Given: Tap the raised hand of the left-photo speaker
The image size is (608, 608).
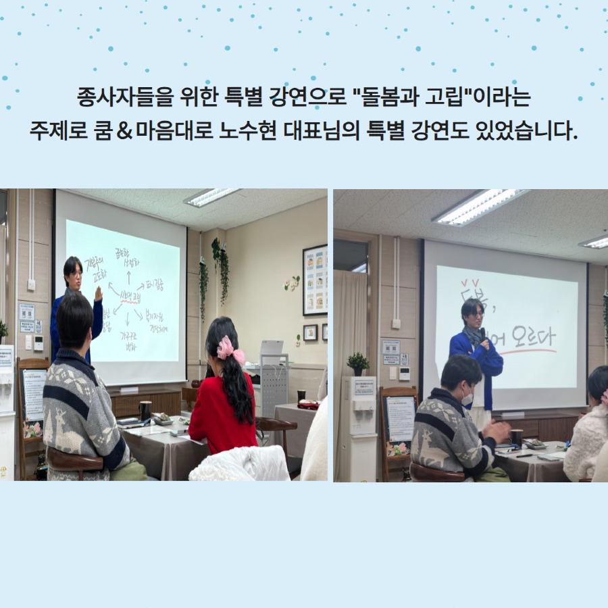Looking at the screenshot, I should pos(99,295).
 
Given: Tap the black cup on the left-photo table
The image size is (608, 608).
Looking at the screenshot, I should pos(145,410).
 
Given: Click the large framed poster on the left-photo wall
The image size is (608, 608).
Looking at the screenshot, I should pos(315,280).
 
